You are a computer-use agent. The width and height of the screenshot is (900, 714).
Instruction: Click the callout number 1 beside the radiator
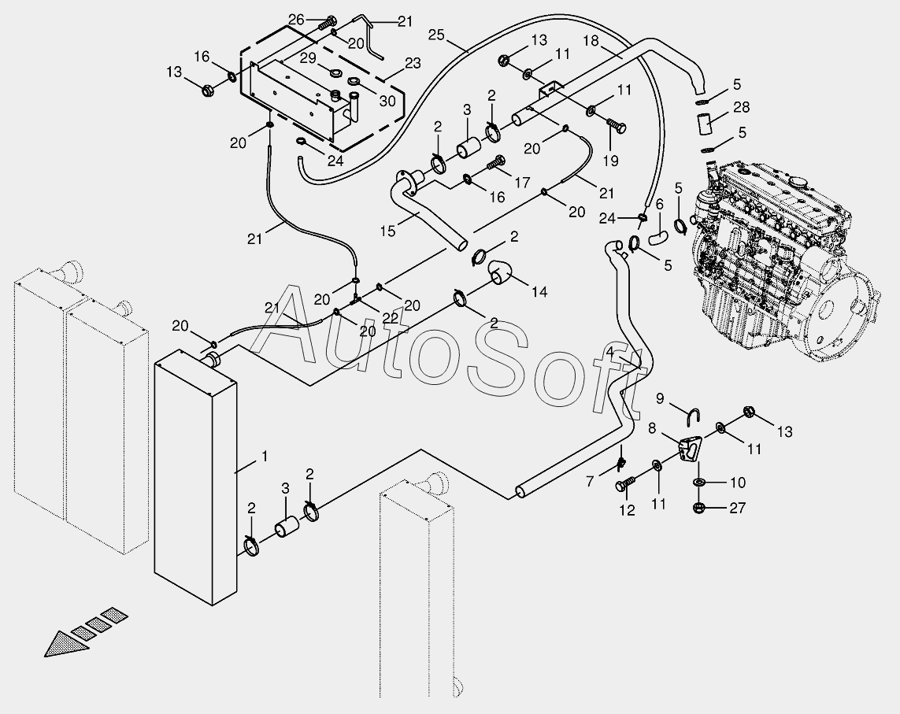pos(265,457)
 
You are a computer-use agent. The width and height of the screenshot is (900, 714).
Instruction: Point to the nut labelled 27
pos(698,507)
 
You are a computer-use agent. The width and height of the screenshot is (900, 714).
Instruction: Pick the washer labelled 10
pos(699,481)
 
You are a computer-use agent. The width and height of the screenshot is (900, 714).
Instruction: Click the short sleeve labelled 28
pos(704,124)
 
